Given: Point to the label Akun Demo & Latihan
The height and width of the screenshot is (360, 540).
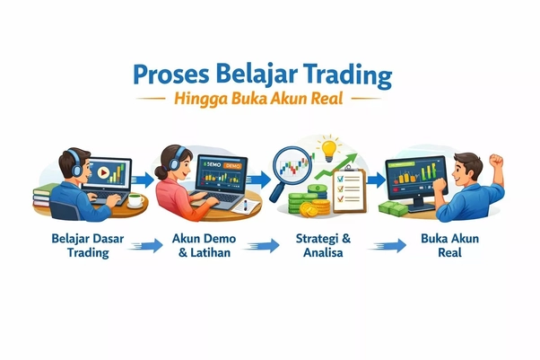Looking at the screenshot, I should coord(206,246).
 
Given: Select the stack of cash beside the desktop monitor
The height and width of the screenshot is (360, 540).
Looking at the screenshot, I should coord(393,207).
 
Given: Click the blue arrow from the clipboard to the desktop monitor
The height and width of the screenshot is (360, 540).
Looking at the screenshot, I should coord(374,179).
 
